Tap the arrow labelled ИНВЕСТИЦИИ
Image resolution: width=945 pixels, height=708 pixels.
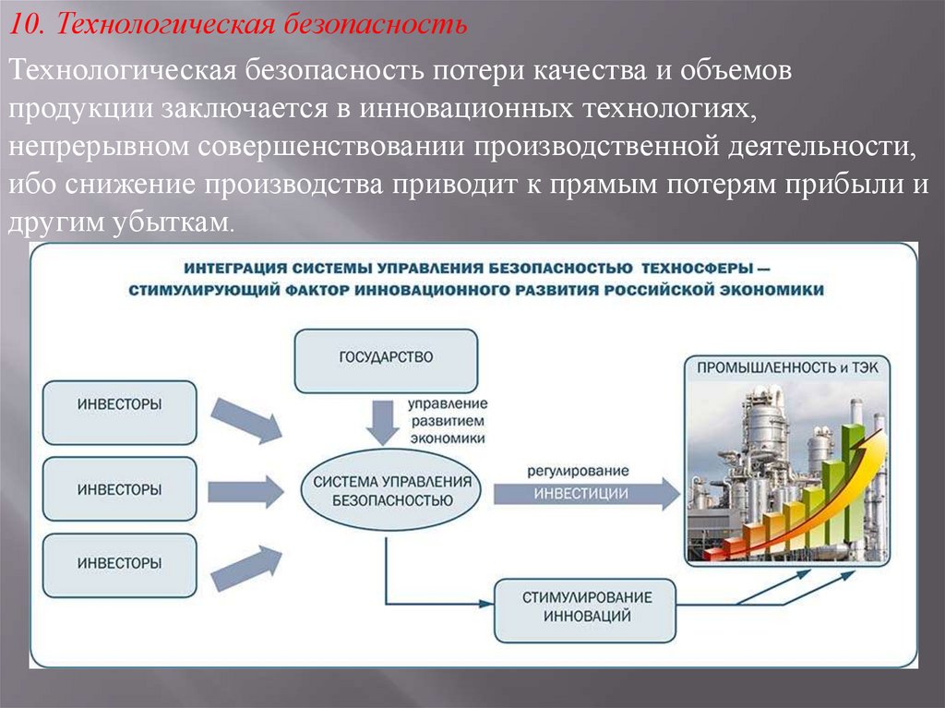(585, 494)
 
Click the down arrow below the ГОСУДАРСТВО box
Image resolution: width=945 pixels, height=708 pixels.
(379, 421)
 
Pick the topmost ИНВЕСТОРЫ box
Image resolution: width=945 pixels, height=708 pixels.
(120, 405)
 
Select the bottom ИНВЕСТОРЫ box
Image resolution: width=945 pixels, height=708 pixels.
(120, 561)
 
